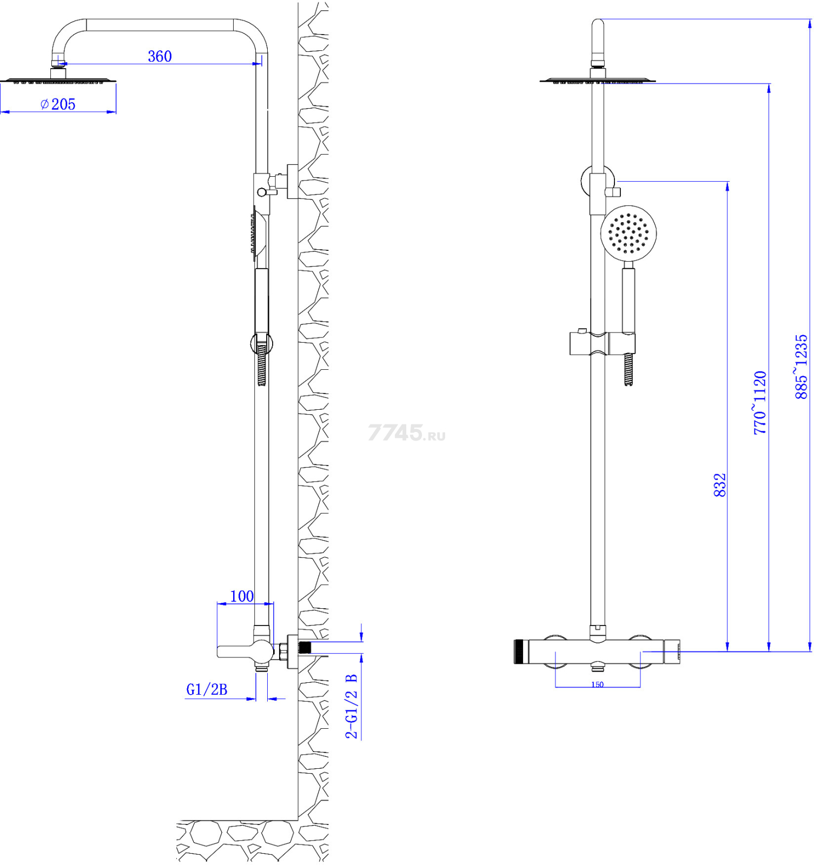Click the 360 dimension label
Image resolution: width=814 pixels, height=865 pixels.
pos(160,56)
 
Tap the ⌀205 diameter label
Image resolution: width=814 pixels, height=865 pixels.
pos(58,104)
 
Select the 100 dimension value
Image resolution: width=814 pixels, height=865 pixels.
pos(242,596)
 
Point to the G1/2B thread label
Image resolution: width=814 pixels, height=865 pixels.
pos(207,689)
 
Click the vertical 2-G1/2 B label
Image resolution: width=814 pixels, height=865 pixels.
pos(352,706)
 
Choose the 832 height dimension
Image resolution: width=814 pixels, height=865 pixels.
pos(719,485)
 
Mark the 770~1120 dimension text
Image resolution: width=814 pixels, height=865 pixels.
pos(760,403)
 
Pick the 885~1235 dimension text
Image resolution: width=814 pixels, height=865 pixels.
pos(801,367)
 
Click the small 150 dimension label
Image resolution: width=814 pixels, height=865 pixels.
pos(597,684)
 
